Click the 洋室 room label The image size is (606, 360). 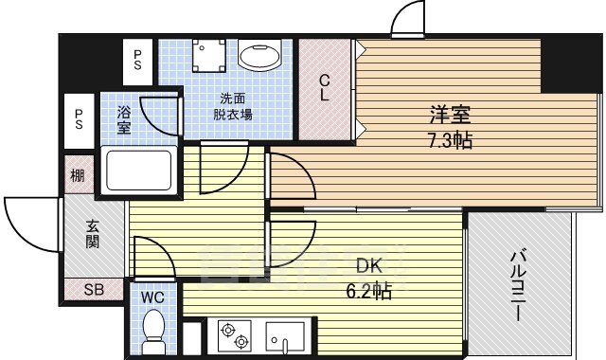[x=451, y=115]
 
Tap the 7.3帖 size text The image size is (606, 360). [x=450, y=140]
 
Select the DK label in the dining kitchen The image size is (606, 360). [x=369, y=266]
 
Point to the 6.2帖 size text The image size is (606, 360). [x=368, y=291]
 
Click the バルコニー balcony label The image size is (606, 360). [x=519, y=286]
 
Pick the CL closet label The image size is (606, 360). [x=324, y=88]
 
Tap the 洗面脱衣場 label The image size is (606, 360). [x=233, y=107]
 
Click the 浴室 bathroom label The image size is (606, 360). [x=124, y=120]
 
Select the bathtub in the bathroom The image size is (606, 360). [x=139, y=171]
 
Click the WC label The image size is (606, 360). [x=152, y=297]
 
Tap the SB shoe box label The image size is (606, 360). [x=94, y=289]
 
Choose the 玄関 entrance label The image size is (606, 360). [x=93, y=234]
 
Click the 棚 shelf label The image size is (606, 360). [x=78, y=176]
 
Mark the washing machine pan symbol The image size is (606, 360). [x=208, y=55]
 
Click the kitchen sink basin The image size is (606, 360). [x=284, y=336]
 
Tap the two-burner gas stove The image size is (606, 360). [x=235, y=335]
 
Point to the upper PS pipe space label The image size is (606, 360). [x=137, y=61]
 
